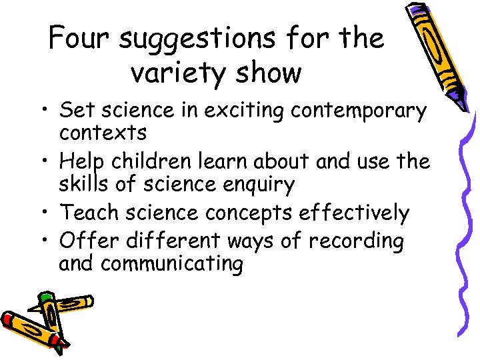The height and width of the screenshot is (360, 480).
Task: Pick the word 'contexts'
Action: [103, 133]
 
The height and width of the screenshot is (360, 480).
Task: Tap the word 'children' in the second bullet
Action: [159, 161]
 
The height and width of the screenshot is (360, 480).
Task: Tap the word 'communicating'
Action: [172, 264]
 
